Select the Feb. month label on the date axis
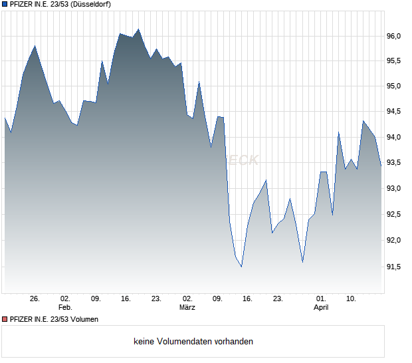click(x=64, y=308)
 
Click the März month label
click(x=187, y=308)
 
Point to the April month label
click(x=321, y=308)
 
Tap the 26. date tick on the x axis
click(x=35, y=299)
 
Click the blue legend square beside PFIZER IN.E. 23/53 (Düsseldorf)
click(x=5, y=4)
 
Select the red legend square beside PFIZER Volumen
click(x=5, y=319)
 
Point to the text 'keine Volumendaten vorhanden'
click(x=193, y=342)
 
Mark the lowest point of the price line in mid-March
click(x=241, y=266)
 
